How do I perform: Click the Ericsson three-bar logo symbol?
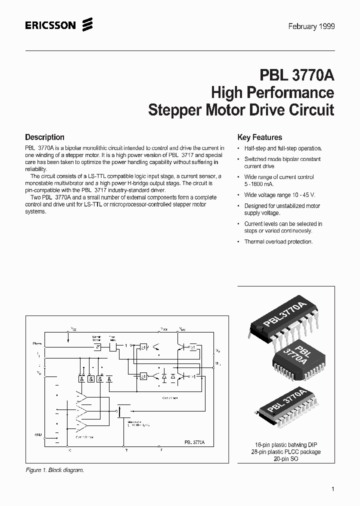coord(87,24)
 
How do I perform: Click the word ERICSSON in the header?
coord(50,25)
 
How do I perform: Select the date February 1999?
coord(311,26)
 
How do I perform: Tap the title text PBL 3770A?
coord(296,75)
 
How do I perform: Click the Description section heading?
coord(44,137)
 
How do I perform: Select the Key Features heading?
coord(259,137)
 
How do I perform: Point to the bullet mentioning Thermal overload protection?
coord(278,241)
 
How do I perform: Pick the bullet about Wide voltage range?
coord(279,194)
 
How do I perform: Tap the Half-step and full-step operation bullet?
coord(282,148)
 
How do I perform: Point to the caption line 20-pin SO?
coord(286,458)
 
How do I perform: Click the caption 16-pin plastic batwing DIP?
coord(286,444)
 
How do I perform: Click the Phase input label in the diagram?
coord(37,343)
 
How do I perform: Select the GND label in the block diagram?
coord(38,434)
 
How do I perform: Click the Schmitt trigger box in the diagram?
coord(97,346)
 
